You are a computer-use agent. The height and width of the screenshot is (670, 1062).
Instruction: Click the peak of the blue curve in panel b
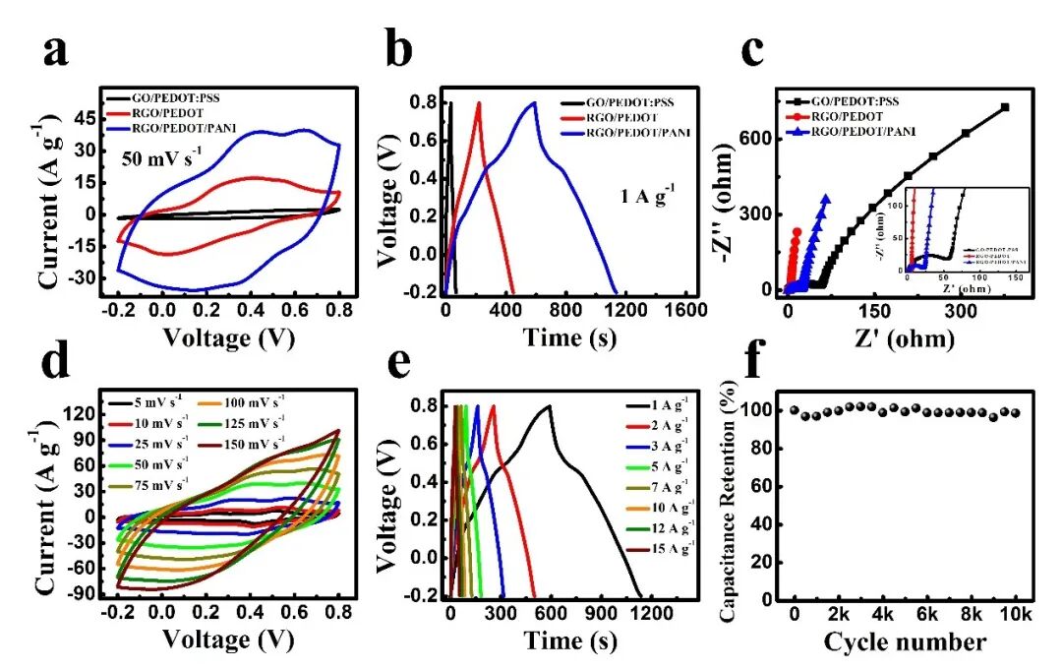(x=534, y=102)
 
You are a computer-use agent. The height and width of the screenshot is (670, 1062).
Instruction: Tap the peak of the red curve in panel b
(x=479, y=102)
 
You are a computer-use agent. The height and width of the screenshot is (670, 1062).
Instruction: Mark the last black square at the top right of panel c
(x=1004, y=107)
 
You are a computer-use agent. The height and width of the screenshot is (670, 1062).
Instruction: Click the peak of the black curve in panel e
(x=549, y=405)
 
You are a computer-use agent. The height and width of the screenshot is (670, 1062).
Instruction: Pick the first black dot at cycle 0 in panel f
(x=795, y=409)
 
